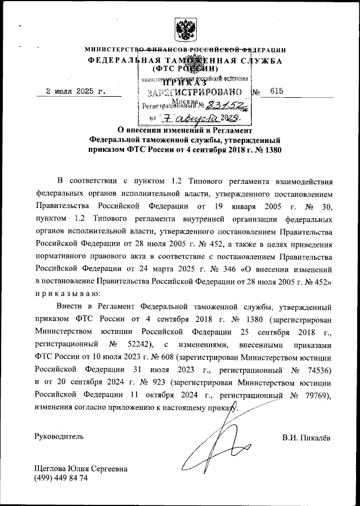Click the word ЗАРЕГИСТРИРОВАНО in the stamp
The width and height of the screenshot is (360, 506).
tap(195, 92)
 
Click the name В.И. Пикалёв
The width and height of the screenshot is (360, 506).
tap(305, 436)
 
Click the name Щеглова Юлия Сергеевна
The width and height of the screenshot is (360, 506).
tap(81, 468)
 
